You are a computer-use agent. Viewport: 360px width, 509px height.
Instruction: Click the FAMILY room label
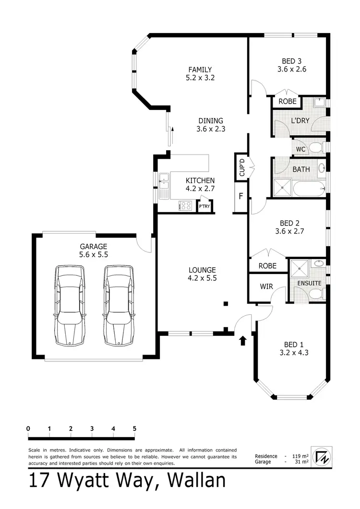200,70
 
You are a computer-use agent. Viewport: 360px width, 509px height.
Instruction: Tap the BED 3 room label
291,61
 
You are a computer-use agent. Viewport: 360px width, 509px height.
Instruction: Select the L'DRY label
300,120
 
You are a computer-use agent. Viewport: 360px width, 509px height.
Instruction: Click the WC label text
300,149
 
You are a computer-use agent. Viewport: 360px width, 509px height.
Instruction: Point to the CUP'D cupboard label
242,167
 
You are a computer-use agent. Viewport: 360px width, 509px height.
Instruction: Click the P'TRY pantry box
204,206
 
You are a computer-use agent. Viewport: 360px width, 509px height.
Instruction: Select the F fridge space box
241,197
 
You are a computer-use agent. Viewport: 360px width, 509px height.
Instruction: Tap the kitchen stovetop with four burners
185,206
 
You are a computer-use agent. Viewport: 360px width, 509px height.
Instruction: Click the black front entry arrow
243,340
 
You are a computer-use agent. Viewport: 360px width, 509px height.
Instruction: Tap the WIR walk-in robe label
266,286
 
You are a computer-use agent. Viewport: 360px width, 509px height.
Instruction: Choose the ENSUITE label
309,283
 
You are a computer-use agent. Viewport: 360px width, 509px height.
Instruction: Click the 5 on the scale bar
134,428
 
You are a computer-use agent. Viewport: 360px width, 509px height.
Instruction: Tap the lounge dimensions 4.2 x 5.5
202,278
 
